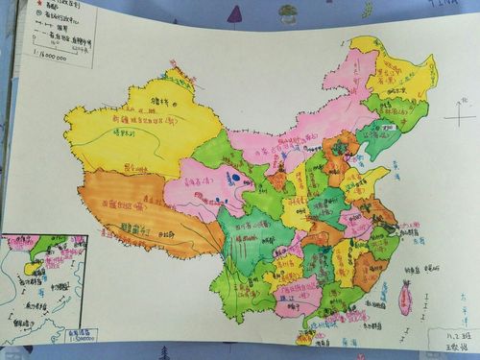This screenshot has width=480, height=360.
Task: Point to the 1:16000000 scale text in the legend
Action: [x=45, y=59]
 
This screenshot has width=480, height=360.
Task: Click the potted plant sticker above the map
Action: [x=288, y=13]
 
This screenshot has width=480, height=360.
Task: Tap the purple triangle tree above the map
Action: [x=234, y=14]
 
